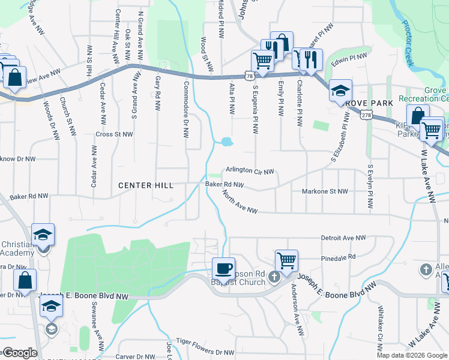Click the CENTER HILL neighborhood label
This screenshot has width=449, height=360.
click(146, 185)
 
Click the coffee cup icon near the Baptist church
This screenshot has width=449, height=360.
click(223, 268)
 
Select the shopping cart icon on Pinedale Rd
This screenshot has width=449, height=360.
click(287, 260)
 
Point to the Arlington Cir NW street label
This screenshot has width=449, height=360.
click(250, 171)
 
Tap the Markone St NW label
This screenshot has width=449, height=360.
click(325, 191)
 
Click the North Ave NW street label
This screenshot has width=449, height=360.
click(240, 203)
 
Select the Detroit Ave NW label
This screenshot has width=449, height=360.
click(343, 238)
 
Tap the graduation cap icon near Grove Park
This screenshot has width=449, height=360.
click(340, 90)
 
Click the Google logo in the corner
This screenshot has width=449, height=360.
click(19, 352)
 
